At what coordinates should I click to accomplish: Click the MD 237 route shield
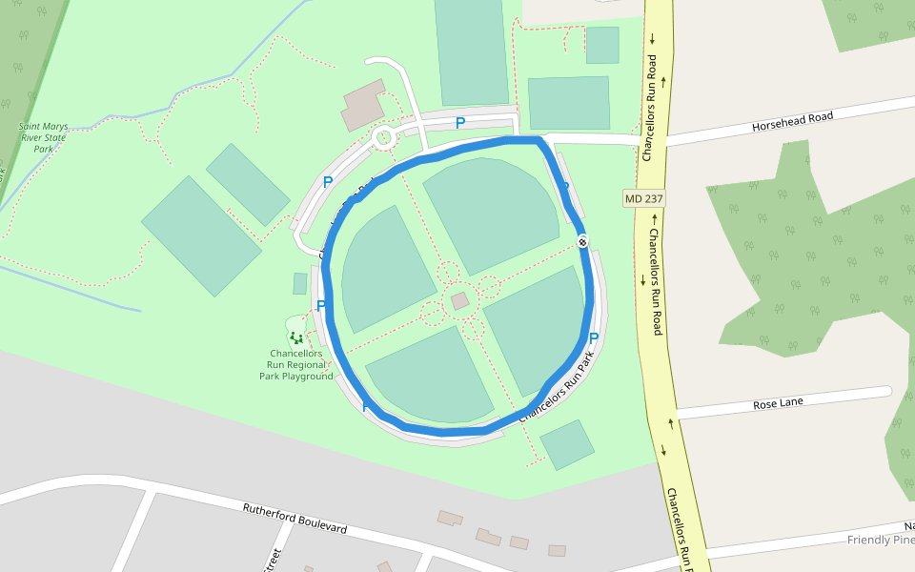point(644,198)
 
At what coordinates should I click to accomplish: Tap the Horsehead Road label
point(792,121)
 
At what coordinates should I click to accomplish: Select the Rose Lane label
point(778,403)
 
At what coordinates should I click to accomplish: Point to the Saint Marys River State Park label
point(43,137)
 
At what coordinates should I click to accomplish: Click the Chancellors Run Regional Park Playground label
point(296,364)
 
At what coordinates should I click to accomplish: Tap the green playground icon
point(296,336)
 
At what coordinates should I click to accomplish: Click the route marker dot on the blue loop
point(582,240)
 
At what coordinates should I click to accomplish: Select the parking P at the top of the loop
point(460,123)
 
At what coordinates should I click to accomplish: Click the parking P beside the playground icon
point(321,306)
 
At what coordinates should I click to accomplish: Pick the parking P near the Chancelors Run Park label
point(594,338)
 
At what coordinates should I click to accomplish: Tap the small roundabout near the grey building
point(384,138)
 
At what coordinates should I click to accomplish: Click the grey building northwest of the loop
point(363,105)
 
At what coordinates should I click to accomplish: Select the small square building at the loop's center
point(460,301)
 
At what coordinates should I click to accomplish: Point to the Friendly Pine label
point(881,540)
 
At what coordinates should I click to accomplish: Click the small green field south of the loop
point(567,444)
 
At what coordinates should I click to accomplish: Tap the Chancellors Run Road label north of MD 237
point(652,107)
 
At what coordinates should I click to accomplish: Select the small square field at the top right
point(602,45)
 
